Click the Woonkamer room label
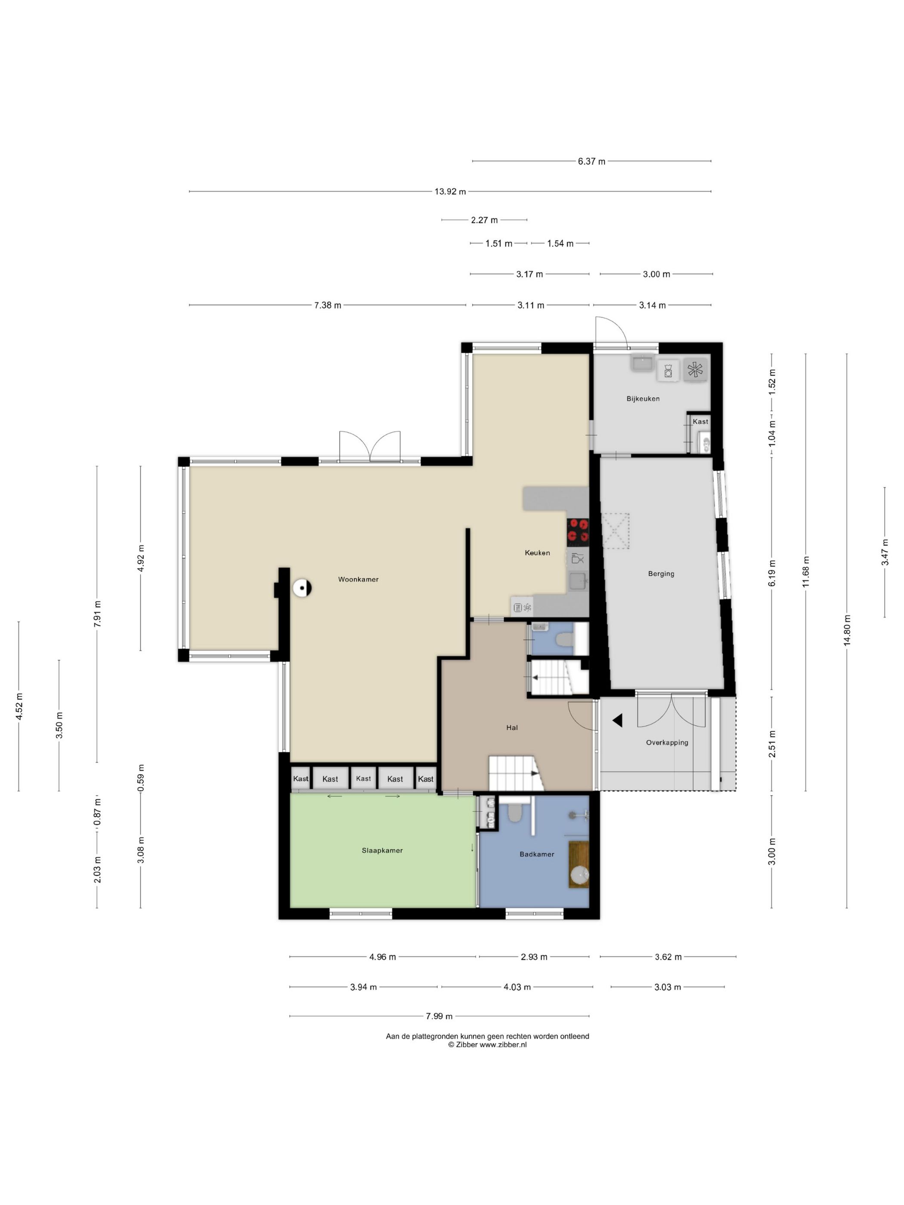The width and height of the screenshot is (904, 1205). pyautogui.click(x=358, y=579)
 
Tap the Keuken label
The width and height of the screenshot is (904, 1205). pyautogui.click(x=537, y=553)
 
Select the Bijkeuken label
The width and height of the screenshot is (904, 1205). pyautogui.click(x=643, y=399)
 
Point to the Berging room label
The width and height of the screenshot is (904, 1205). pyautogui.click(x=661, y=574)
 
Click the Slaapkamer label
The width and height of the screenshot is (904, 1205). pyautogui.click(x=382, y=850)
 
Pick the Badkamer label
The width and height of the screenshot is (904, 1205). pyautogui.click(x=537, y=854)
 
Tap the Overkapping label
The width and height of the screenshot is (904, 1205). pyautogui.click(x=667, y=742)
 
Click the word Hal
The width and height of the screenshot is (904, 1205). pyautogui.click(x=512, y=727)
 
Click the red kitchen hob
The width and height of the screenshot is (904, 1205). pyautogui.click(x=578, y=531)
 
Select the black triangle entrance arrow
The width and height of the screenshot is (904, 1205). pyautogui.click(x=618, y=721)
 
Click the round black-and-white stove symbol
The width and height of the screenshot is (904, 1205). pyautogui.click(x=302, y=588)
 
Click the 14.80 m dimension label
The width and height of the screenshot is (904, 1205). pyautogui.click(x=847, y=630)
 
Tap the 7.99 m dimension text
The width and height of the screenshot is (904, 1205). pyautogui.click(x=439, y=1016)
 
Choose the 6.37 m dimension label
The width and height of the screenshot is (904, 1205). pyautogui.click(x=592, y=161)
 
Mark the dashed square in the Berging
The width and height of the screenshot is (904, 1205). pyautogui.click(x=616, y=531)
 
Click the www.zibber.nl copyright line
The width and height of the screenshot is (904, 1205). pyautogui.click(x=487, y=1045)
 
